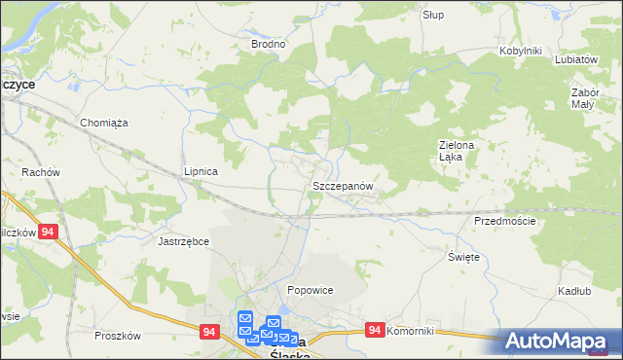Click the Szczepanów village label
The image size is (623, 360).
pos(341,185)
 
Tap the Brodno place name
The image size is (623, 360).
pos(268,44)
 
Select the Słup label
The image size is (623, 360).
pos(433,15)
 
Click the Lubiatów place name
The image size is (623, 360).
pos(575,58)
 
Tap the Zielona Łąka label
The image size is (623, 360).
pos(455,151)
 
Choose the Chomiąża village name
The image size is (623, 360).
pos(105,123)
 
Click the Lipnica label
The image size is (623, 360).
pos(201,171)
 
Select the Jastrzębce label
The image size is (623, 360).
pos(184,240)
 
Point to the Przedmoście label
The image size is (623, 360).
pos(504,221)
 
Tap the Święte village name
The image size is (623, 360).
pos(463,256)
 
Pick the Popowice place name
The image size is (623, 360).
pos(311,290)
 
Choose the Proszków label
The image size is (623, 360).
pos(118,336)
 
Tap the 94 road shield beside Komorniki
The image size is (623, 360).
pos(375,331)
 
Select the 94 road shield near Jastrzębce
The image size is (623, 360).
pos(50,233)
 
